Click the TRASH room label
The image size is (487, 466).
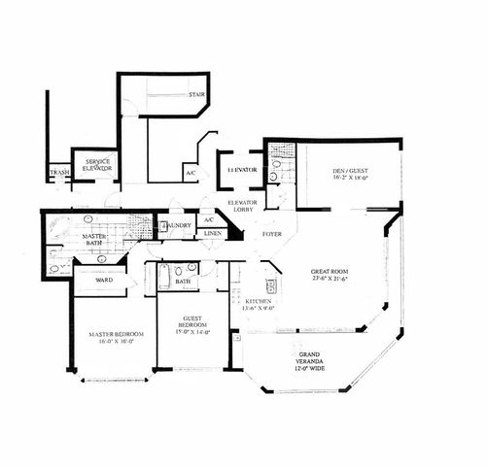57,175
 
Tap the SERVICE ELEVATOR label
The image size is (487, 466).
96,164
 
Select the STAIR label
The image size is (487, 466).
196,94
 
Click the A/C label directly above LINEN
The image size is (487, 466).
209,219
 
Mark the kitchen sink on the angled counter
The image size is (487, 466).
272,285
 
